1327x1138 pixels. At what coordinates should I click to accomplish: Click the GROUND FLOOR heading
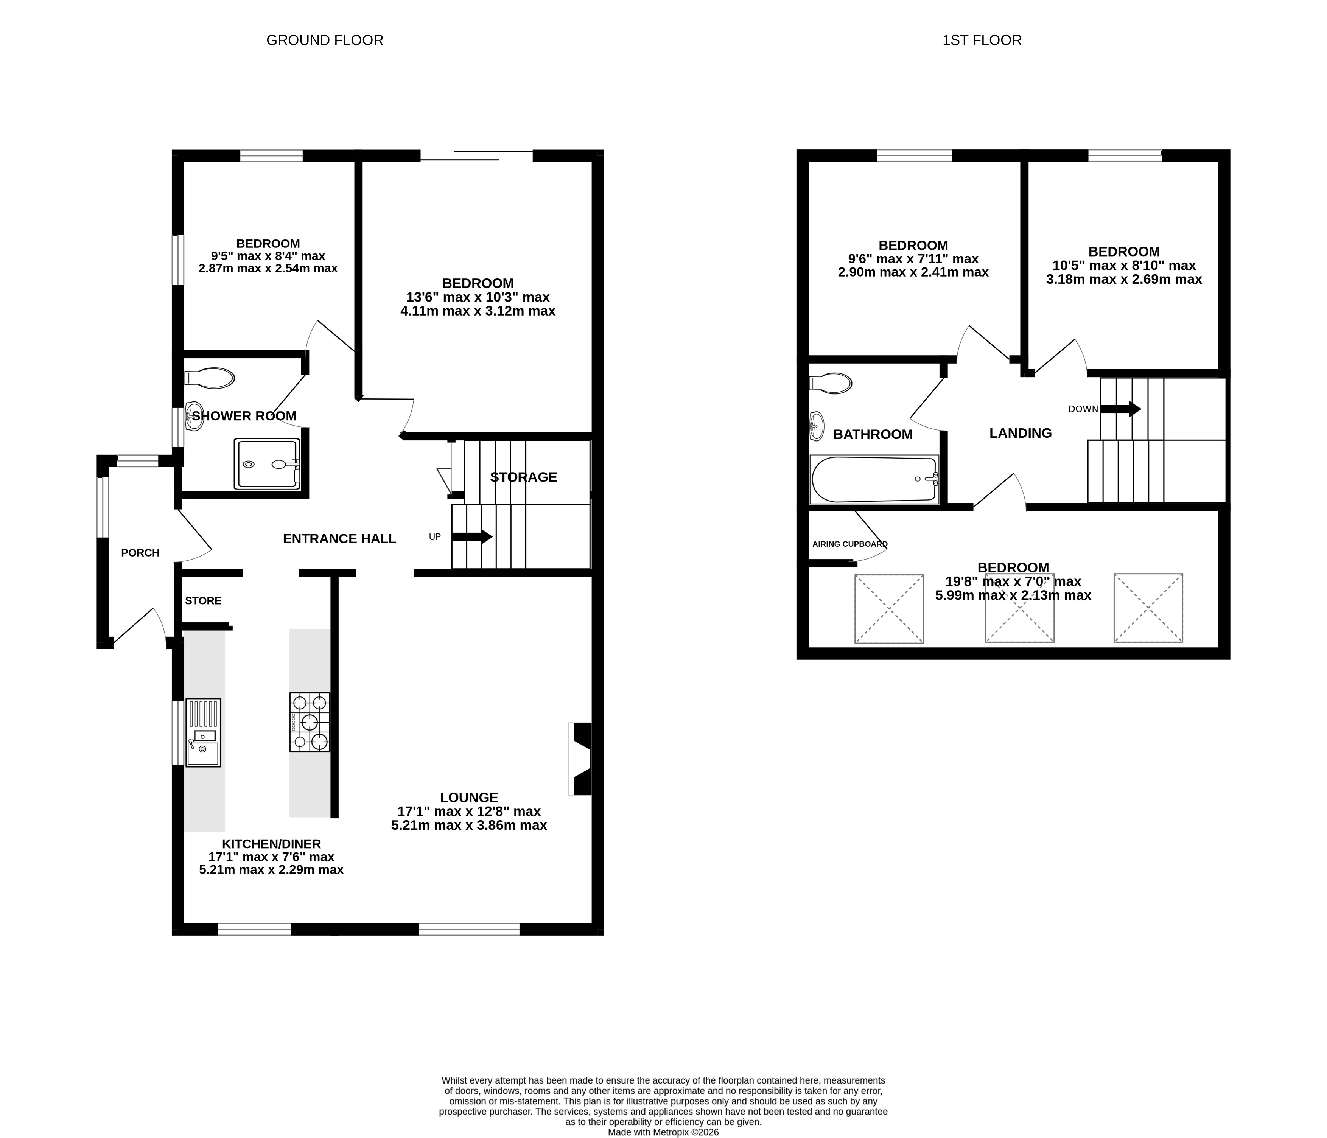325,40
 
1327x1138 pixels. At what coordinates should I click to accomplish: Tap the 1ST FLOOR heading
982,40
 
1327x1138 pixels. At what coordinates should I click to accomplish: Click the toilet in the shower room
209,378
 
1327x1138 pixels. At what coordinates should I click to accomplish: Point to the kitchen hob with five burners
310,722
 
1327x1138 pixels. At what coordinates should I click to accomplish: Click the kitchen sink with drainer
203,732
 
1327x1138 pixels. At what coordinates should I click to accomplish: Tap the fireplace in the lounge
580,759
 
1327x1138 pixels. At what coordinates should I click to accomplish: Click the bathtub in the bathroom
874,480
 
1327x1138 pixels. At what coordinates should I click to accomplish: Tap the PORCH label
140,553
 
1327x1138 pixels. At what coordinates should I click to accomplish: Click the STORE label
203,601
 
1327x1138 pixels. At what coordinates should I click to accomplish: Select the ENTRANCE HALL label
339,539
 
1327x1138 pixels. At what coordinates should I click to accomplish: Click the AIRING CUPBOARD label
850,544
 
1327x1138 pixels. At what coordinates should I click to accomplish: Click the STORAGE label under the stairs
523,477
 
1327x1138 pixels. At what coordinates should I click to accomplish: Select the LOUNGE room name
469,797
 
